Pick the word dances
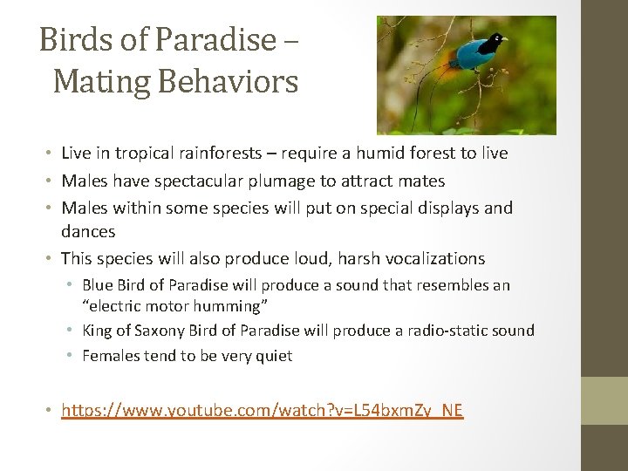[88, 231]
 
